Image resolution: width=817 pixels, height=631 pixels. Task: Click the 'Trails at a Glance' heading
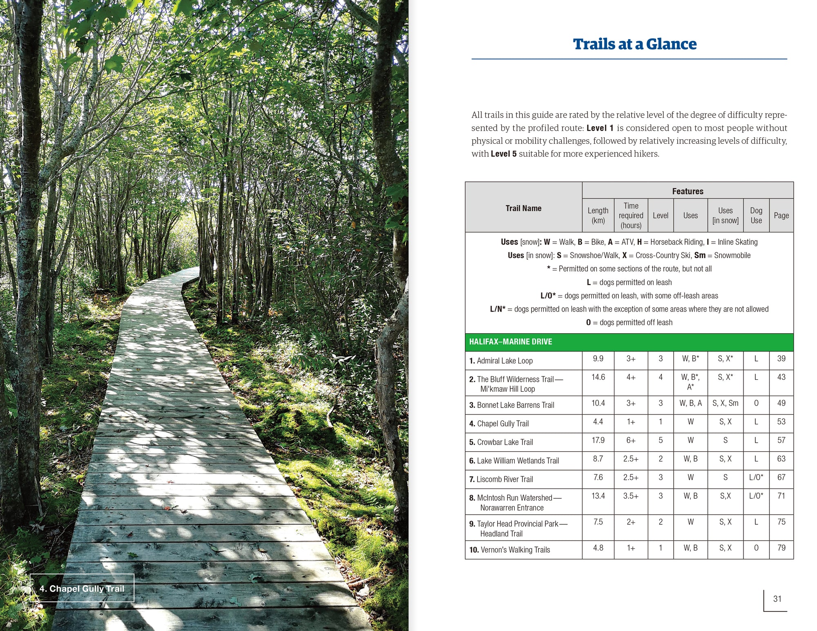point(634,44)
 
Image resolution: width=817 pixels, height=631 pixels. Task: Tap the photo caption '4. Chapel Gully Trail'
point(82,589)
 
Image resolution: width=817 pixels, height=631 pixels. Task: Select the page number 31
point(777,599)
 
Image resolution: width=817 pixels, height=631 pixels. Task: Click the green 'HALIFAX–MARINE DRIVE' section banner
point(629,342)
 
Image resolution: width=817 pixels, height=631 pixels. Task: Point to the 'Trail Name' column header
point(523,208)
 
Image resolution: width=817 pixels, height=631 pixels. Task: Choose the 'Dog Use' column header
point(756,216)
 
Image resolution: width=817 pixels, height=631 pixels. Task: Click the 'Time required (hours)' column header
point(631,216)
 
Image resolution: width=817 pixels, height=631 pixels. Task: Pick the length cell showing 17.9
point(598,440)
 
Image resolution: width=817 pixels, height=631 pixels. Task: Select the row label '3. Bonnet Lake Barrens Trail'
point(511,405)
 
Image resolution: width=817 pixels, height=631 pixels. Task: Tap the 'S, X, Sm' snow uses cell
point(725,403)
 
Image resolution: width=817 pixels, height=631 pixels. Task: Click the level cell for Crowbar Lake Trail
point(660,440)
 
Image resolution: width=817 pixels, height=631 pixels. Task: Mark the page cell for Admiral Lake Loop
point(781,359)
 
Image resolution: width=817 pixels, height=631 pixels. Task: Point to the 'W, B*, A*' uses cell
point(690,382)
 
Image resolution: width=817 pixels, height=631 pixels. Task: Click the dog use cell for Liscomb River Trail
point(756,477)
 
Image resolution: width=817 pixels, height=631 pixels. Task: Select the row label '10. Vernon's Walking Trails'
point(509,550)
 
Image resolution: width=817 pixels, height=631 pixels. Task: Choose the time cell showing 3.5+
point(631,496)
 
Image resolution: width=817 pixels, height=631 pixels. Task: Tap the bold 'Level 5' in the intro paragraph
point(503,154)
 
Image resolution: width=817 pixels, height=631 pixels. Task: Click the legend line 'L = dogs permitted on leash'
point(629,282)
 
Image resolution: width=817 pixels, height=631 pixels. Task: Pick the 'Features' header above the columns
point(688,191)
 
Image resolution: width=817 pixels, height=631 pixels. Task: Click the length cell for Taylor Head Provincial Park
point(598,522)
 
